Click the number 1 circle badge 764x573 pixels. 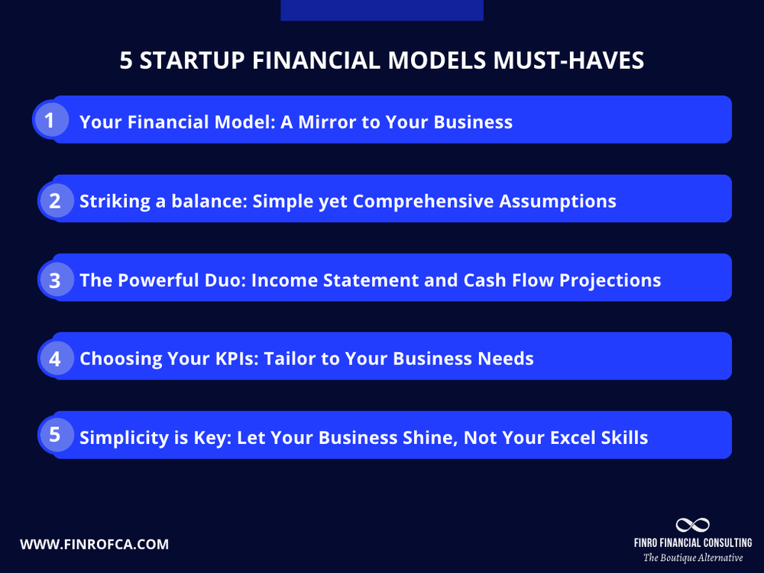50,120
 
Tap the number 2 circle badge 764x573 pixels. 55,200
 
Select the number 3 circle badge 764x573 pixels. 55,280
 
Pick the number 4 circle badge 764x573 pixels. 55,358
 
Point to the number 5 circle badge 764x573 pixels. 55,435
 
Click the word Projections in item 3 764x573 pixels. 610,280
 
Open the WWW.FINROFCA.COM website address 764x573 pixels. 94,545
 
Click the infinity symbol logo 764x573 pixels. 692,525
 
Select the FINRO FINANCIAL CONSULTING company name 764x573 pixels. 692,542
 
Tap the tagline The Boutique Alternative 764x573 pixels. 692,558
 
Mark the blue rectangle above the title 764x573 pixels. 382,10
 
